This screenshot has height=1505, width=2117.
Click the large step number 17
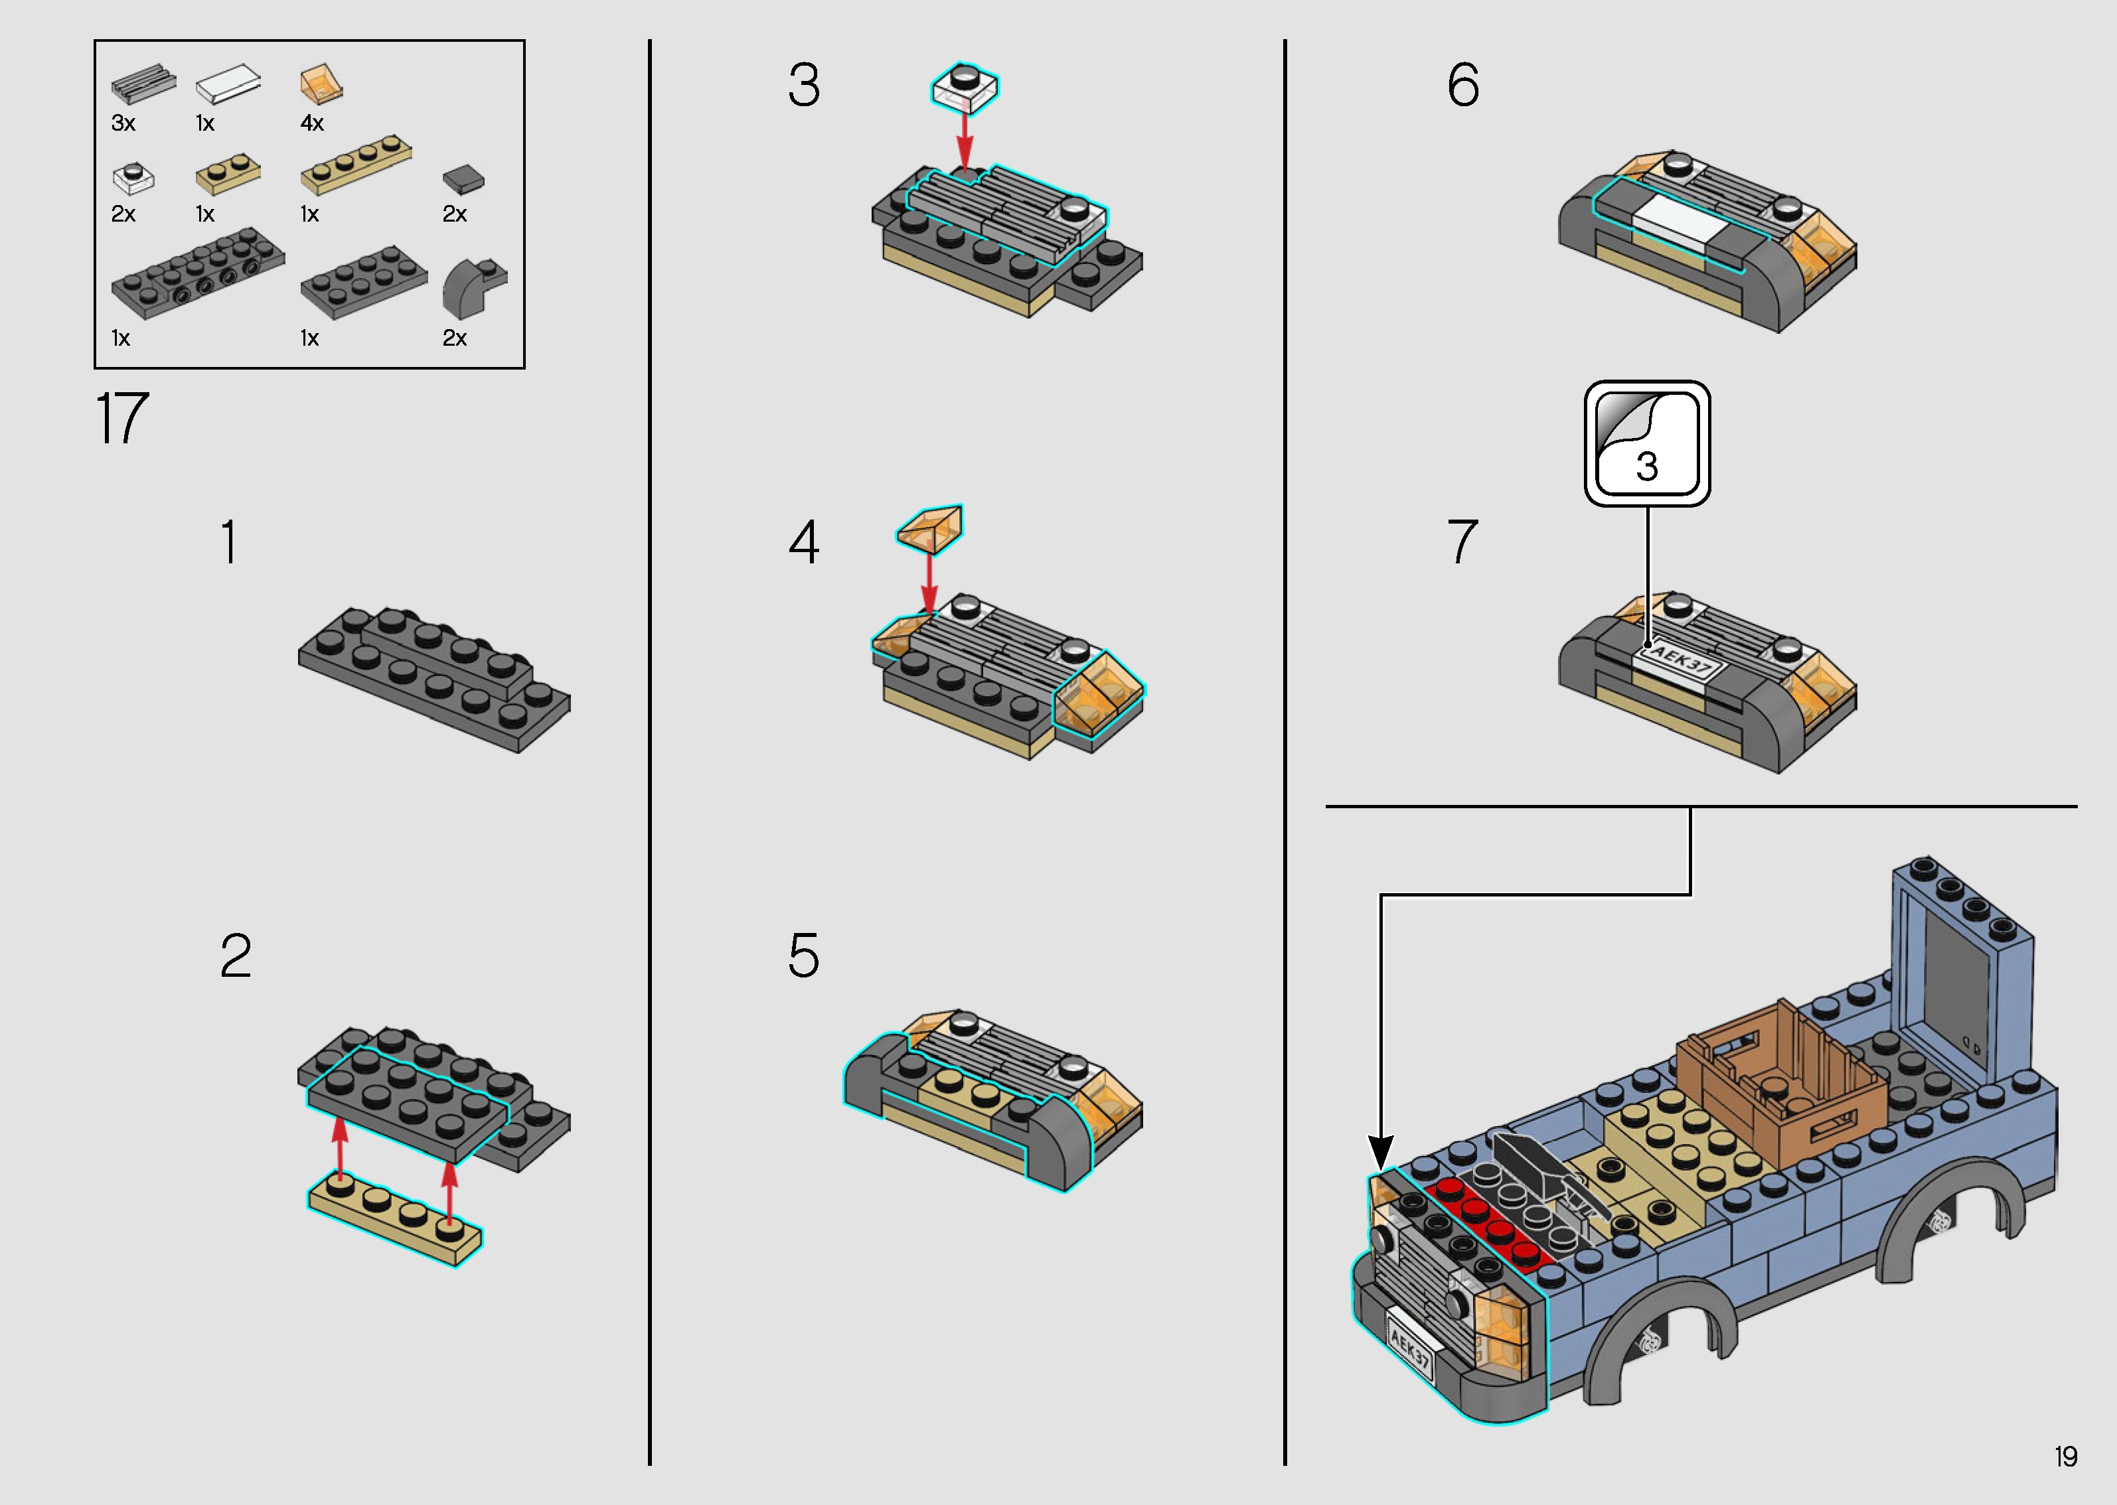pyautogui.click(x=122, y=419)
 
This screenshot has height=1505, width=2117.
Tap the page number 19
pyautogui.click(x=2065, y=1457)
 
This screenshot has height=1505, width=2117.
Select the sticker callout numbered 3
pyautogui.click(x=1647, y=443)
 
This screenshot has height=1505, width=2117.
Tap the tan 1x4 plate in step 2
pyautogui.click(x=396, y=1218)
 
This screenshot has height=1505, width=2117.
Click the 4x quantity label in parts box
pyautogui.click(x=313, y=123)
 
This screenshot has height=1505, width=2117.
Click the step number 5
pyautogui.click(x=804, y=956)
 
